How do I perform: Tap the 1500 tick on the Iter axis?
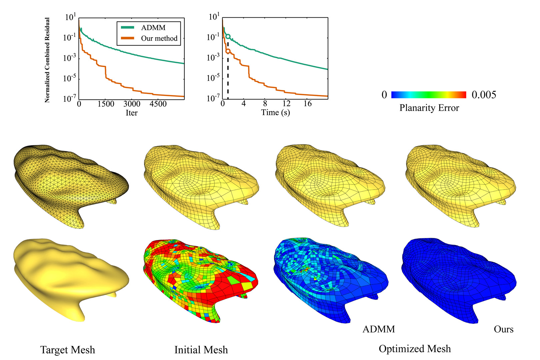[x=106, y=104]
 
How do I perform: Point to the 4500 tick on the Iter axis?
[x=158, y=104]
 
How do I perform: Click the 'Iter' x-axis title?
[x=131, y=113]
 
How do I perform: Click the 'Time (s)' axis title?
[x=275, y=113]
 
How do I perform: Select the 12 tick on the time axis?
[x=286, y=104]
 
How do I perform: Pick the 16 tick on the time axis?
[x=307, y=104]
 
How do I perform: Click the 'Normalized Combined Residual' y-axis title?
[x=47, y=60]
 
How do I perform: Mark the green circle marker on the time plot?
[x=228, y=36]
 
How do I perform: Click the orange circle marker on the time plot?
[x=228, y=51]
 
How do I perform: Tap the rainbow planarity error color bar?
[x=428, y=95]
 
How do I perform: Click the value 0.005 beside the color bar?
[x=484, y=95]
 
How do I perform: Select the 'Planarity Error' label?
[x=429, y=108]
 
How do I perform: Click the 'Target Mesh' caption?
[x=68, y=350]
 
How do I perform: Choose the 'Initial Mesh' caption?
[x=201, y=350]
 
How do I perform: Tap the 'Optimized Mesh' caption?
[x=415, y=349]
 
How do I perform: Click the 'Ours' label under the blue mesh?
[x=503, y=329]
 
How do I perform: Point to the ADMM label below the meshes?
[x=379, y=329]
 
